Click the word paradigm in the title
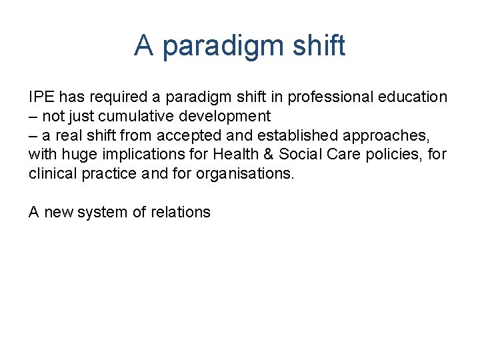coord(225,46)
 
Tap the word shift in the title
coord(319,45)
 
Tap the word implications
coord(136,155)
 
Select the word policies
coord(393,155)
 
